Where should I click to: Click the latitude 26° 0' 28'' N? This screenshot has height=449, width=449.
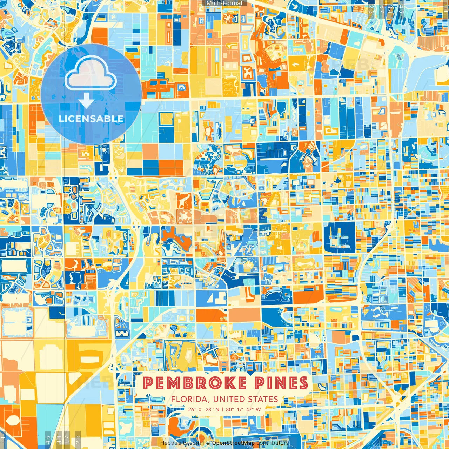pos(204,409)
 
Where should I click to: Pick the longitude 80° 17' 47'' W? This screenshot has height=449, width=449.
pos(243,409)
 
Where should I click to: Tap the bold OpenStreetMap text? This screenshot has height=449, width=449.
pos(233,443)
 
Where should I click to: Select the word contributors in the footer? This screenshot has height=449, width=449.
pos(273,443)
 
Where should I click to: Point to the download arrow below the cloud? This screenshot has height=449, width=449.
pos(86,101)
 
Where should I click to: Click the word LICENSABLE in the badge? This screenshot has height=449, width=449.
pos(91,119)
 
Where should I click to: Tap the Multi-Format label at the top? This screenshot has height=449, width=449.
pos(224,3)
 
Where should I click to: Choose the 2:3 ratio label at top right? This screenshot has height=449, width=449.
pos(371,9)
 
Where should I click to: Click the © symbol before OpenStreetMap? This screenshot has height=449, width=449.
pos(208,443)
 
